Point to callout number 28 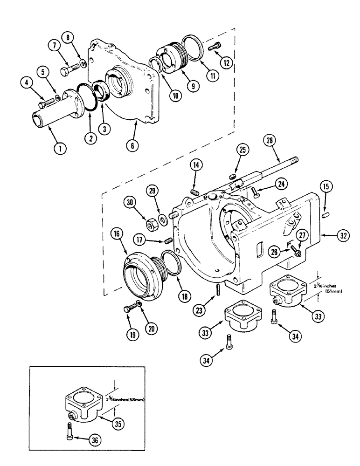point(270,140)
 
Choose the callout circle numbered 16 point(117,234)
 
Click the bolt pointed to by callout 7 point(69,72)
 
